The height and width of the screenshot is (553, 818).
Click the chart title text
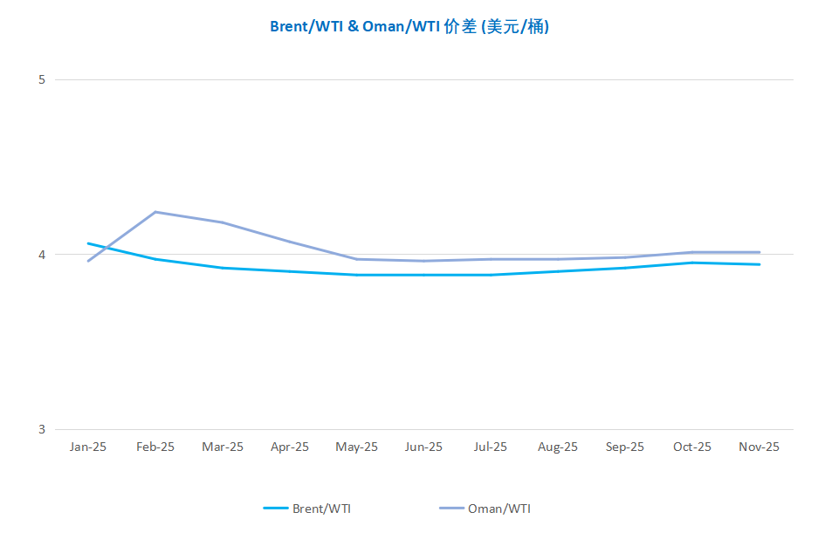(409, 26)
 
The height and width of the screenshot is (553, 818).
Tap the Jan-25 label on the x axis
(88, 447)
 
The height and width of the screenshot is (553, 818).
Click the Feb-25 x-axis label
(155, 447)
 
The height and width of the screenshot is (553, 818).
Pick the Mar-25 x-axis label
(223, 447)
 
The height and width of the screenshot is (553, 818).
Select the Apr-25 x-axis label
(290, 447)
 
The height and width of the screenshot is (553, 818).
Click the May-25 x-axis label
(357, 447)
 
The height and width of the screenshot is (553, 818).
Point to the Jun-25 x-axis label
(423, 447)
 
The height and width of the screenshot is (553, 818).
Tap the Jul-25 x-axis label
(491, 447)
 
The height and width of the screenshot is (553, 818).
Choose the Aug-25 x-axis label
(558, 447)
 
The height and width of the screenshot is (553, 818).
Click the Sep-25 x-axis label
(625, 447)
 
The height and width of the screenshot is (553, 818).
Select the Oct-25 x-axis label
(692, 447)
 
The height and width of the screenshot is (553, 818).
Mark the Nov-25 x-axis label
(760, 447)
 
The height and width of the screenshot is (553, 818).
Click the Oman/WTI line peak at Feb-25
(155, 212)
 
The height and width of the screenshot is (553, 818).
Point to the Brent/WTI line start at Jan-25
(88, 243)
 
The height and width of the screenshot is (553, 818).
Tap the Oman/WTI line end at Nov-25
(760, 252)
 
